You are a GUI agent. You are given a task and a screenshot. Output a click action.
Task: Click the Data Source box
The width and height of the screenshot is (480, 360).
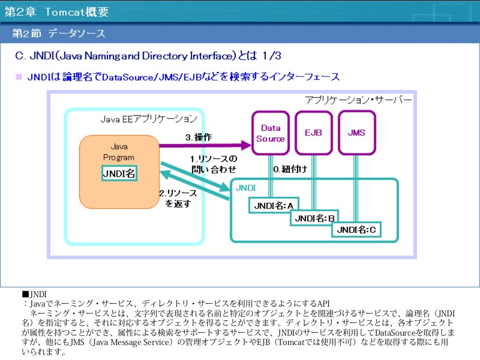click(x=270, y=133)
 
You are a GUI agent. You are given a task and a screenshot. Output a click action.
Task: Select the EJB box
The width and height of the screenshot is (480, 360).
click(x=313, y=133)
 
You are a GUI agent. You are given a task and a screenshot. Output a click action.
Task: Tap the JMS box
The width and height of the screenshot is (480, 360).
click(x=356, y=133)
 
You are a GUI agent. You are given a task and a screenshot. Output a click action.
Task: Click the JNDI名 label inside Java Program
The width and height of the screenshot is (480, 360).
click(x=119, y=173)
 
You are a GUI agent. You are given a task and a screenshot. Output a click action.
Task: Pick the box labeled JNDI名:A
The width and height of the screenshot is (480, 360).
click(x=273, y=205)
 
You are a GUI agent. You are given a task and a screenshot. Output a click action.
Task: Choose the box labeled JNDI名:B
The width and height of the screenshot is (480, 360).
click(x=315, y=218)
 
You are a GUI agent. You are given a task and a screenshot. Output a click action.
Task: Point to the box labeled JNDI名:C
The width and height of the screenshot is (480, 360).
click(x=356, y=230)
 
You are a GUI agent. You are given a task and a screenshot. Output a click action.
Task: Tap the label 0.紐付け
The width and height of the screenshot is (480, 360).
click(x=291, y=169)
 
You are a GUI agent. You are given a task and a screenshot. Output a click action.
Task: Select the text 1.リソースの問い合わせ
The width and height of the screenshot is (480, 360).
click(x=214, y=164)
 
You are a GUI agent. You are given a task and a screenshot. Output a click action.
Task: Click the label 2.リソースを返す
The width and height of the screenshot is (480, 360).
click(x=178, y=198)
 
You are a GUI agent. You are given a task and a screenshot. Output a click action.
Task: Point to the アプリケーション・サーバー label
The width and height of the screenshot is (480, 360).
click(x=358, y=100)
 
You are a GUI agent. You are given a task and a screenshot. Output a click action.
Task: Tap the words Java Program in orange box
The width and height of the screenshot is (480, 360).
click(x=119, y=152)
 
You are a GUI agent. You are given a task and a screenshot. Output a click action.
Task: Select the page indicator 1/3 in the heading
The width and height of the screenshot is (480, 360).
click(x=271, y=56)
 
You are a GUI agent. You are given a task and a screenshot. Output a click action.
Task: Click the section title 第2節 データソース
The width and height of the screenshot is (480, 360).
click(x=59, y=34)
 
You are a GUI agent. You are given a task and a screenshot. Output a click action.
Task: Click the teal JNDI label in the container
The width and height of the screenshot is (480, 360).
click(x=246, y=187)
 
